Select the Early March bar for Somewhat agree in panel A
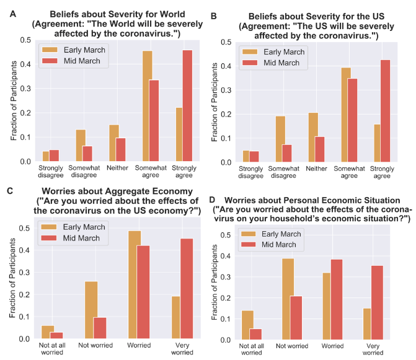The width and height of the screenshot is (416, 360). point(148,106)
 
